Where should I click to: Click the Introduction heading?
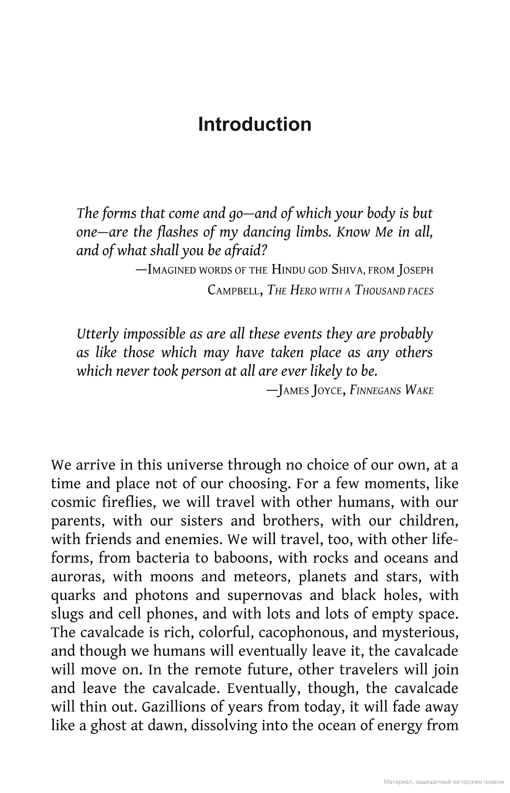click(255, 124)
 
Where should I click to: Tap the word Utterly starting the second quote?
click(98, 333)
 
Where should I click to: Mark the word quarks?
click(73, 595)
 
